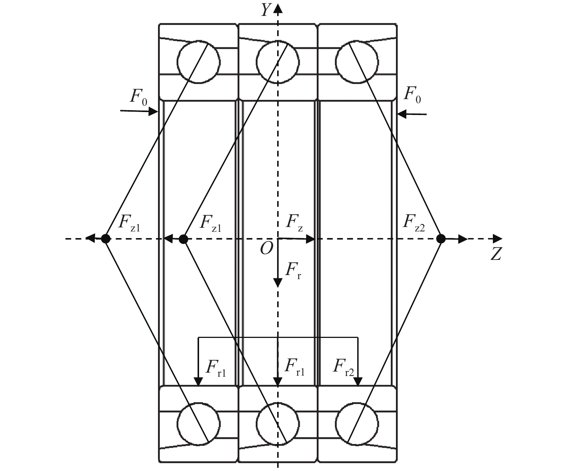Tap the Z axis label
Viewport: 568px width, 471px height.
(x=496, y=254)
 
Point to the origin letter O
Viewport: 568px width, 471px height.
(x=266, y=249)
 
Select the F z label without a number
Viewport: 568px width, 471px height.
(x=294, y=223)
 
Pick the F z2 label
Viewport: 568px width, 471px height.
(x=414, y=223)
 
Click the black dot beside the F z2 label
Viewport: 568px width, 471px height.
(x=441, y=238)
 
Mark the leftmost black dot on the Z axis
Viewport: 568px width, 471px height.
(x=105, y=238)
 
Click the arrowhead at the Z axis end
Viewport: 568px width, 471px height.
(x=498, y=239)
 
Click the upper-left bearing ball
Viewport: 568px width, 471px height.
(x=199, y=62)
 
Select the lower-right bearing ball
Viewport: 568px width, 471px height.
(x=357, y=423)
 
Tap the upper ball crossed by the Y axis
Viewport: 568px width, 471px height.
(x=278, y=62)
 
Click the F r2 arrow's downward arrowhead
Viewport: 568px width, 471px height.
(x=358, y=382)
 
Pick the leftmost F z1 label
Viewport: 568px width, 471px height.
(x=129, y=223)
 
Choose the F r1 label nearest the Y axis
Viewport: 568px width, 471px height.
(x=295, y=367)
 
